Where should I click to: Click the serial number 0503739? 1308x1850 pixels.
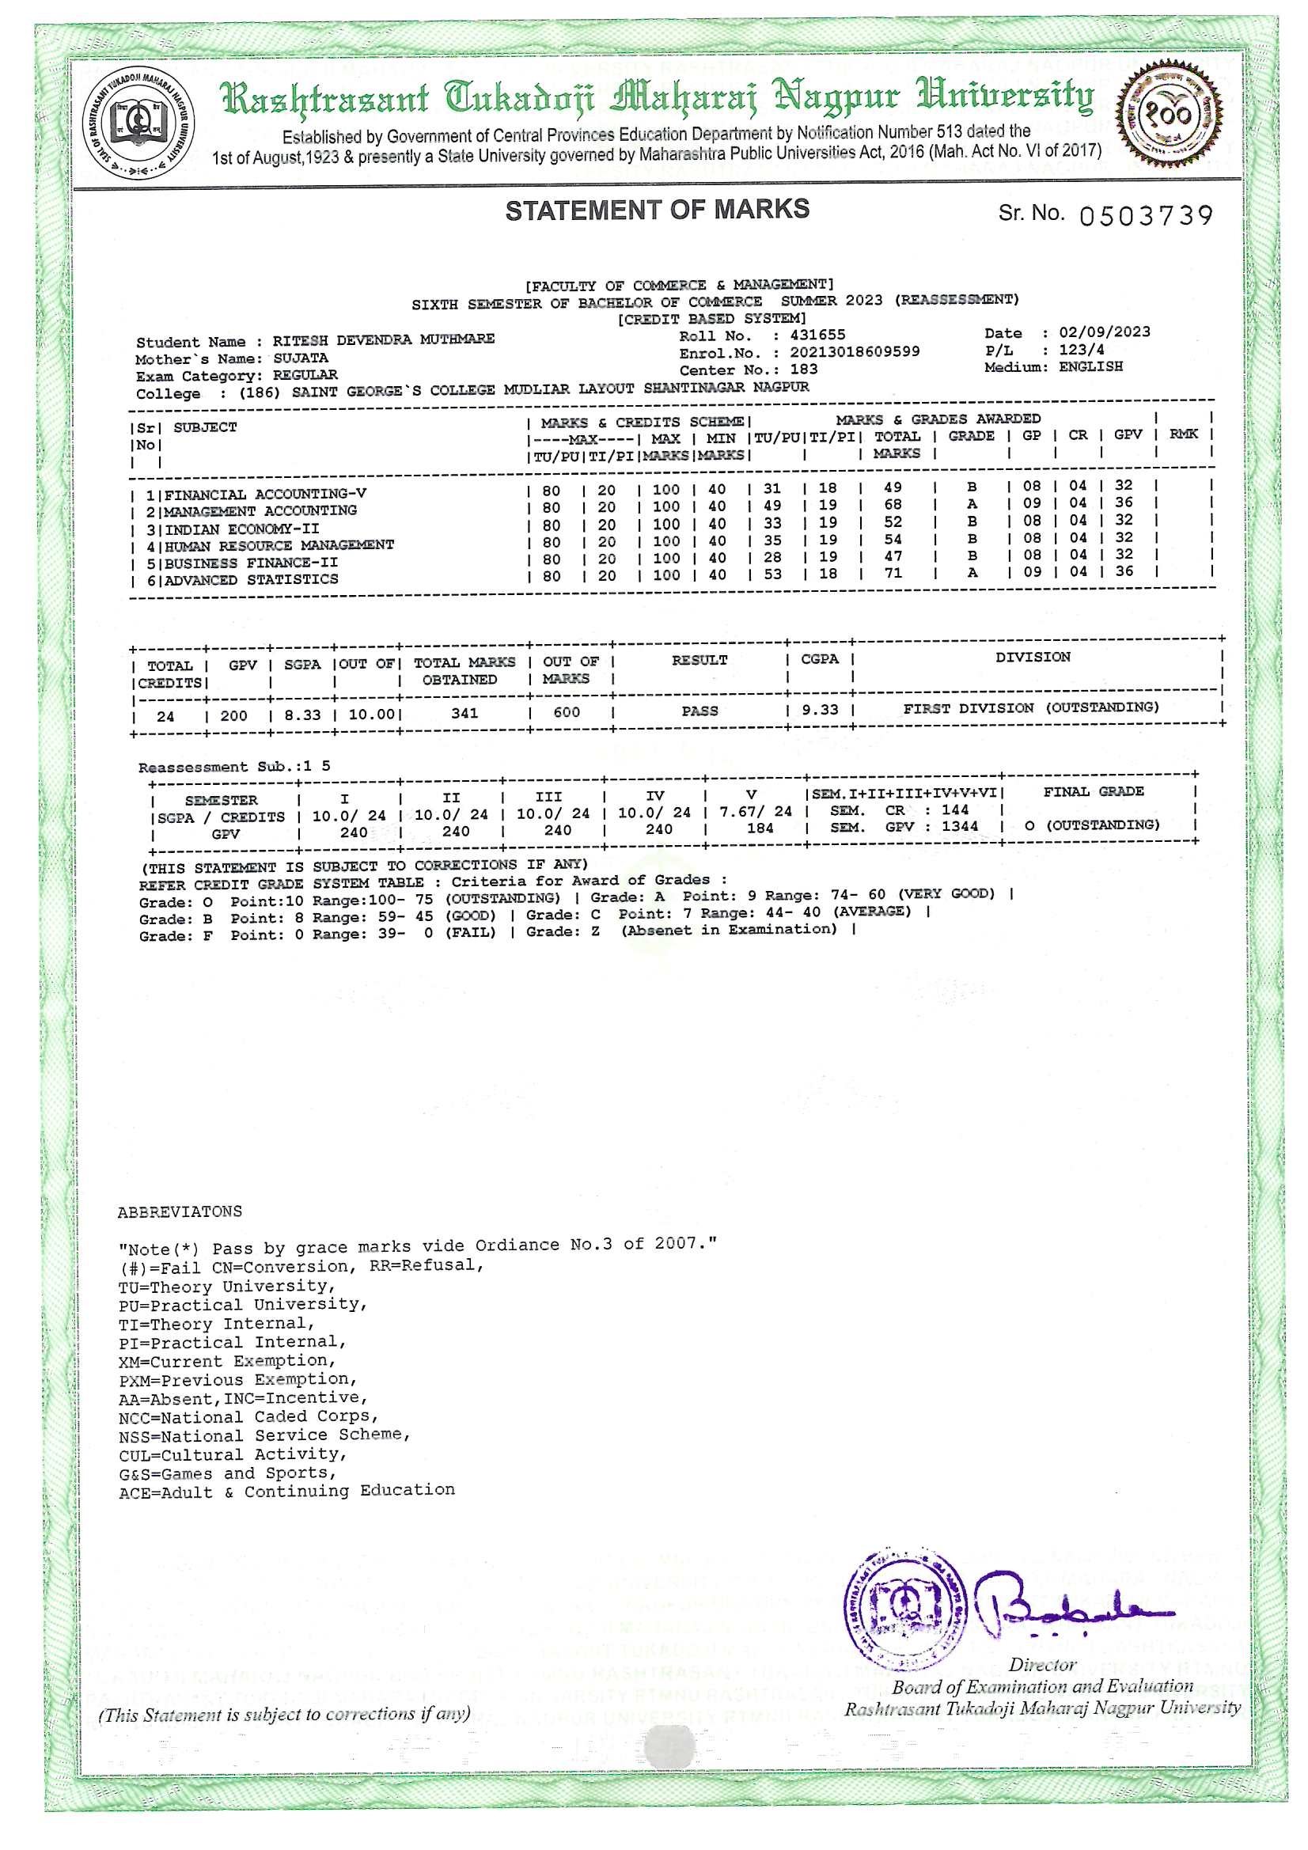(x=1145, y=216)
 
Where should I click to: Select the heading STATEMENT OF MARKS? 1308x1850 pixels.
(x=657, y=210)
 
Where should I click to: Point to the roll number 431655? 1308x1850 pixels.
(x=817, y=336)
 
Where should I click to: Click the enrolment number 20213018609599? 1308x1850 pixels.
(x=855, y=352)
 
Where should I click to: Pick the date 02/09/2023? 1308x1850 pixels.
(x=1104, y=332)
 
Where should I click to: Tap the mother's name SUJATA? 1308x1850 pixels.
(x=300, y=358)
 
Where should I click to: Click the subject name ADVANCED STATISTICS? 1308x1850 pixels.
(x=252, y=580)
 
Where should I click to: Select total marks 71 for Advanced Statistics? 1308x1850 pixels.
(x=893, y=574)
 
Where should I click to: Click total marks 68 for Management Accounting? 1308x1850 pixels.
(x=893, y=505)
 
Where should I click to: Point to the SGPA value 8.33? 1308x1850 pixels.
(x=302, y=715)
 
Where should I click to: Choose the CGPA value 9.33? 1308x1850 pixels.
(x=820, y=710)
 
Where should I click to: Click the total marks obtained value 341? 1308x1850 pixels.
(x=464, y=713)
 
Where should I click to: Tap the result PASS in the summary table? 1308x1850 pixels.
(x=699, y=711)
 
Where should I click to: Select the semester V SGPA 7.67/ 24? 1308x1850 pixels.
(x=755, y=812)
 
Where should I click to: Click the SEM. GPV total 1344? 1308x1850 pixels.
(x=959, y=827)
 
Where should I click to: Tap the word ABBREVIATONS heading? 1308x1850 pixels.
(x=179, y=1212)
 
